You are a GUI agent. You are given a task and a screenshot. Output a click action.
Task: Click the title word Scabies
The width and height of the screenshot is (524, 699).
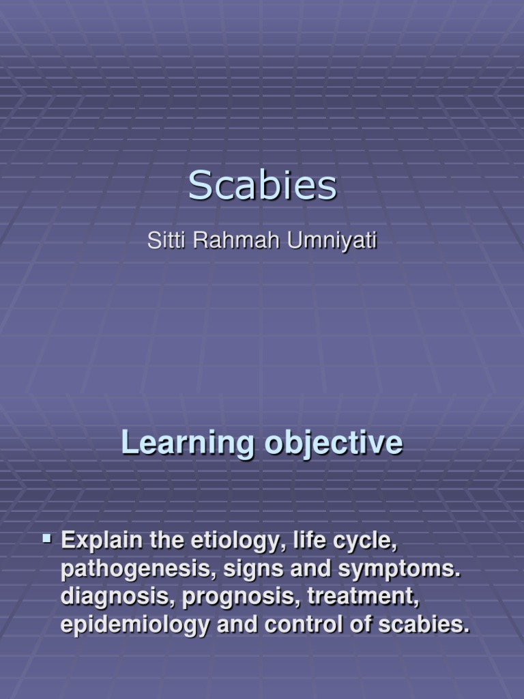click(x=262, y=186)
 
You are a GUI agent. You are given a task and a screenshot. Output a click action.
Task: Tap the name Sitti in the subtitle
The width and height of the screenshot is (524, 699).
click(x=164, y=242)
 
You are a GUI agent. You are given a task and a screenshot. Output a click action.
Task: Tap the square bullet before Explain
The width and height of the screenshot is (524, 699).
click(x=47, y=539)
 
